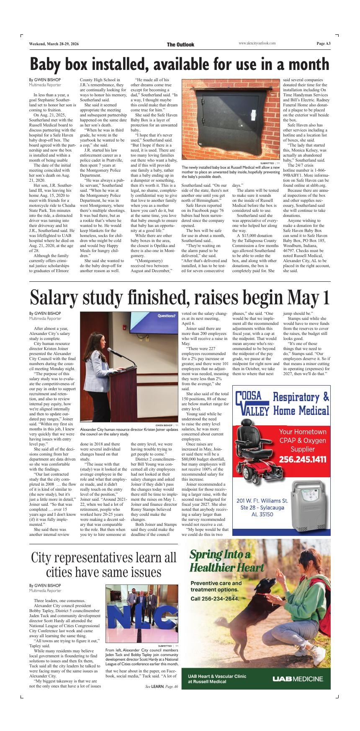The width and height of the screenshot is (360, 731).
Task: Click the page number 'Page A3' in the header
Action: [323, 44]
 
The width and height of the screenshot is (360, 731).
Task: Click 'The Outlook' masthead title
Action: [180, 44]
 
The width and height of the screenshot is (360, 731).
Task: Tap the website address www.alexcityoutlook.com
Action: [257, 44]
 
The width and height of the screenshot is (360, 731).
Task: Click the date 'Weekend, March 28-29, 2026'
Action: [54, 44]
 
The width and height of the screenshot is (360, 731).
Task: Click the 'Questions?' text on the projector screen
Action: [166, 316]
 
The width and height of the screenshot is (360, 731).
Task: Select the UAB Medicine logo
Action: [298, 679]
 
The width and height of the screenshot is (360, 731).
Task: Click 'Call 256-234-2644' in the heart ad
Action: [215, 598]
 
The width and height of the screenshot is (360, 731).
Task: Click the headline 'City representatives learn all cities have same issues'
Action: [103, 565]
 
